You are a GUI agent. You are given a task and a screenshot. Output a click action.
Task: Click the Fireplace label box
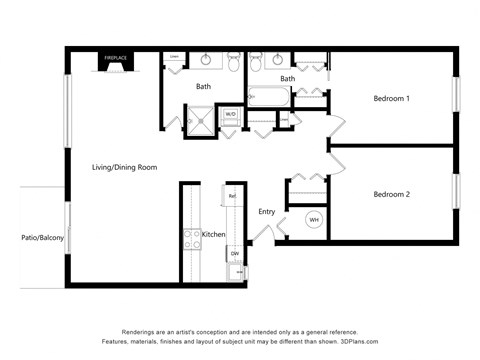pyautogui.click(x=116, y=59)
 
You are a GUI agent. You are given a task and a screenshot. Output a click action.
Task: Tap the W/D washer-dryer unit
pyautogui.click(x=230, y=115)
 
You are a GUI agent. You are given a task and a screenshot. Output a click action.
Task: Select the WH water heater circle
pyautogui.click(x=313, y=219)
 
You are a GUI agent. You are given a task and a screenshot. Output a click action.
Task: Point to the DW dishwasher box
pyautogui.click(x=235, y=254)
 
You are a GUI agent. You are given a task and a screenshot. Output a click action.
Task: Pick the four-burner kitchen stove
pyautogui.click(x=192, y=239)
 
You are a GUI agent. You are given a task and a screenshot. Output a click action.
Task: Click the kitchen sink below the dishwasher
pyautogui.click(x=236, y=272)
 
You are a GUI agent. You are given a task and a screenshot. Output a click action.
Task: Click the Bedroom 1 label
pyautogui.click(x=392, y=99)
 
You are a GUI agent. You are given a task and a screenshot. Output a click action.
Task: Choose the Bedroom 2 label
pyautogui.click(x=392, y=194)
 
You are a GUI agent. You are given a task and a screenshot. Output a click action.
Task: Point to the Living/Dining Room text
pyautogui.click(x=125, y=167)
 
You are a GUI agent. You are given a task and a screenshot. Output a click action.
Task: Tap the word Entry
pyautogui.click(x=267, y=212)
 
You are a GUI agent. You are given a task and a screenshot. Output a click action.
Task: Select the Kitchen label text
pyautogui.click(x=214, y=234)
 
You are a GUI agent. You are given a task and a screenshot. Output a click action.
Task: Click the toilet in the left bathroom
pyautogui.click(x=233, y=59)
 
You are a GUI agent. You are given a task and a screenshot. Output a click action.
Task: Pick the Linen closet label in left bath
pyautogui.click(x=174, y=58)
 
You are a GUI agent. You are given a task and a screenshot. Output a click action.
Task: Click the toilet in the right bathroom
pyautogui.click(x=255, y=60)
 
